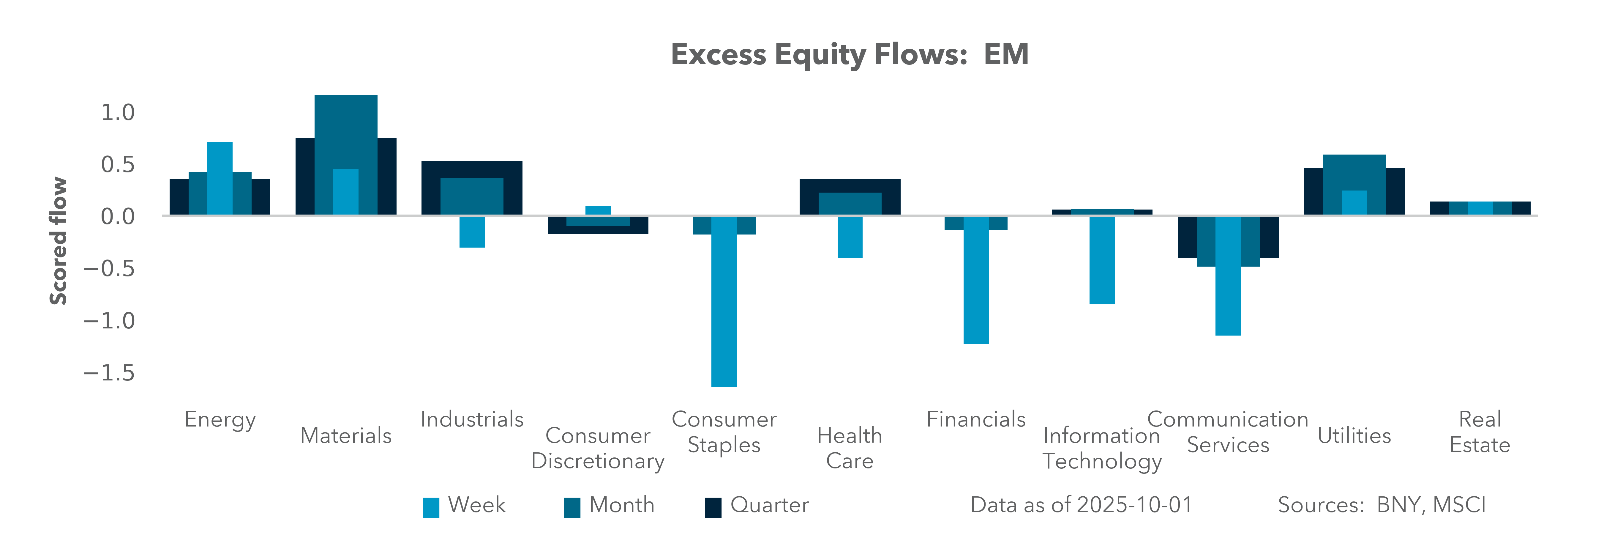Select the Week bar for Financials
976,280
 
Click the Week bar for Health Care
850,237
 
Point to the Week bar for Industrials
472,232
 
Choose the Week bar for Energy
220,179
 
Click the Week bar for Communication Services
1228,276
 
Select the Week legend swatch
431,507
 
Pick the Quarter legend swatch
713,507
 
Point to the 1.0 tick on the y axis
118,113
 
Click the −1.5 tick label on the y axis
109,373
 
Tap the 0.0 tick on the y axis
118,217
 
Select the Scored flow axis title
58,241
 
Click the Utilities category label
1354,435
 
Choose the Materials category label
346,435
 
